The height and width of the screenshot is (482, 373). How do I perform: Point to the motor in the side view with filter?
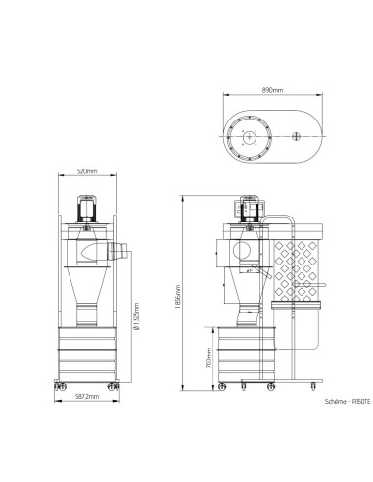click(246, 209)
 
